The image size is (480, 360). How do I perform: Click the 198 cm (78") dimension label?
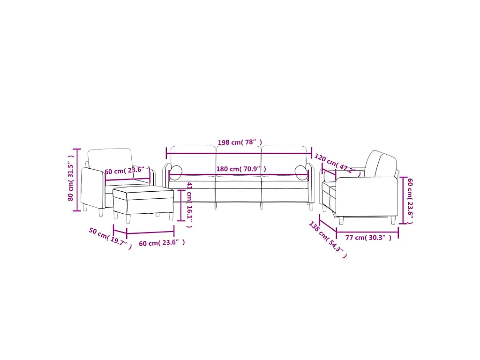click(240, 142)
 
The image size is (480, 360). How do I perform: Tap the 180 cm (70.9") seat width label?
click(241, 169)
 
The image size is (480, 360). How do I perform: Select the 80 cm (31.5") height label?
click(71, 180)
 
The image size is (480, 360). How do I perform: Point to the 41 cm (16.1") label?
click(189, 204)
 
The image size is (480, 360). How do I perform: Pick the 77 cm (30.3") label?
click(368, 238)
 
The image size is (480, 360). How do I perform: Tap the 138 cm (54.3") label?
click(328, 240)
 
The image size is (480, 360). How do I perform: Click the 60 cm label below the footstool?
click(162, 243)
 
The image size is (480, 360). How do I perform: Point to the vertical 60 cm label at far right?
click(410, 201)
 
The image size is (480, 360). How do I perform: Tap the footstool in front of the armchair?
click(143, 201)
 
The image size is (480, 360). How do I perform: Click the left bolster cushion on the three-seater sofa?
click(176, 172)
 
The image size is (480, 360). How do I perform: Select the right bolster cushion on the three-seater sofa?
click(301, 172)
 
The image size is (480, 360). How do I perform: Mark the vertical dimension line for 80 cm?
click(77, 180)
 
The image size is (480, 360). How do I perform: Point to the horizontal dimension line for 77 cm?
click(367, 231)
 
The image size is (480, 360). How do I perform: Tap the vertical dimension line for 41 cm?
click(181, 205)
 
